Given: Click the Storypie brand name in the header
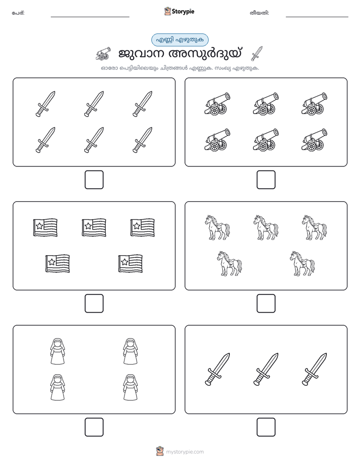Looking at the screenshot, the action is click(183, 11).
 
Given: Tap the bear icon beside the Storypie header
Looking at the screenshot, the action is click(167, 11).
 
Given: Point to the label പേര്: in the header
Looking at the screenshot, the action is click(18, 13).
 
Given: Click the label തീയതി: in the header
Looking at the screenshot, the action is click(259, 13).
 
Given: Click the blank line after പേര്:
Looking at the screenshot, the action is click(90, 17).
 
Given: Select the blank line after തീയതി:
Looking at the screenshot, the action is click(317, 17).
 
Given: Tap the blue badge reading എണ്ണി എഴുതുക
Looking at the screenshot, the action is click(179, 40).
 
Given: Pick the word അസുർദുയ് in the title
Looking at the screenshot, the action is click(205, 54).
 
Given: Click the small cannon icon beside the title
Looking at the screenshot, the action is click(103, 53).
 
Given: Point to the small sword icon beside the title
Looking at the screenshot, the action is click(257, 53).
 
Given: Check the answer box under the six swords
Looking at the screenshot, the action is click(94, 180).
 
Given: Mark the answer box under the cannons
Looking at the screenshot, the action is click(266, 180).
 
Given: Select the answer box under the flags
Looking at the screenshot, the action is click(94, 304).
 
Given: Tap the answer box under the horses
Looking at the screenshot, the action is click(266, 304).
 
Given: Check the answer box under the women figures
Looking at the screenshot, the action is click(94, 427).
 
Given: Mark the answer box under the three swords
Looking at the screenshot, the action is click(266, 427).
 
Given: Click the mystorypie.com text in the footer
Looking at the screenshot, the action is click(185, 452).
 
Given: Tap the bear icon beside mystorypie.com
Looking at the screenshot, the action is click(160, 451).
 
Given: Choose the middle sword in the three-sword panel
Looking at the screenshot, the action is click(266, 369).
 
